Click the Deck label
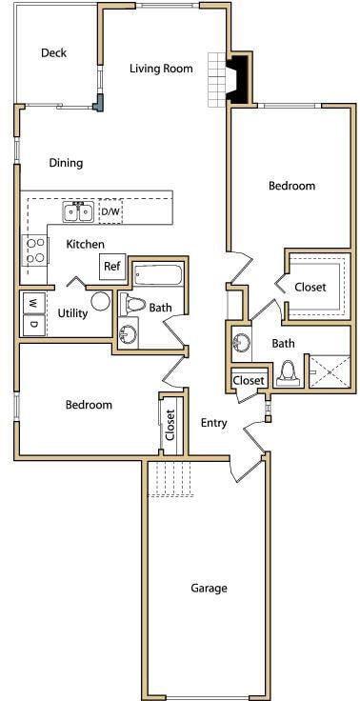[x=54, y=53]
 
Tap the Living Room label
[x=161, y=69]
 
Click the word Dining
[x=66, y=163]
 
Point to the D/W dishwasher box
[x=110, y=210]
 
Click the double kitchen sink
[x=78, y=211]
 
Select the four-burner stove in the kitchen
[x=35, y=250]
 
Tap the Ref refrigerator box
[x=112, y=267]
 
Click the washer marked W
[x=32, y=303]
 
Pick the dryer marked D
[x=32, y=325]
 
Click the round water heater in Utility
[x=101, y=303]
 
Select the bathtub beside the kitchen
[x=157, y=276]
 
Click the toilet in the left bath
[x=133, y=306]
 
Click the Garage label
[x=209, y=589]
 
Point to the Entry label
[x=214, y=423]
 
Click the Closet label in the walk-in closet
[x=310, y=287]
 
